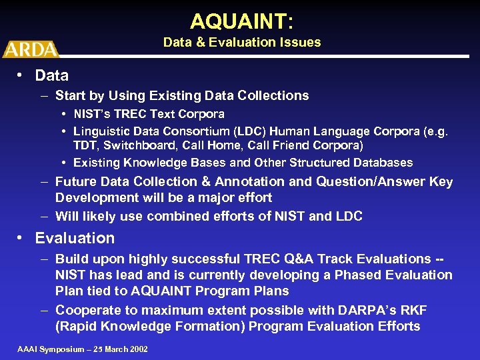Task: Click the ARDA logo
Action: [30, 49]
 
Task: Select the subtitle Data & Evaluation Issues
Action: [242, 43]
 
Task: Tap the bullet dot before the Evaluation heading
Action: [22, 238]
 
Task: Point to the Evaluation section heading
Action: [75, 238]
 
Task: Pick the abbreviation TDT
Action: [85, 145]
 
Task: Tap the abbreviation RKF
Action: [413, 310]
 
